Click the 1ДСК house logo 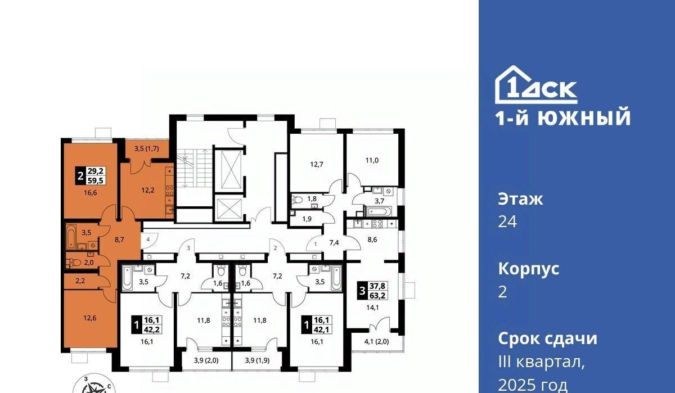pos(536,85)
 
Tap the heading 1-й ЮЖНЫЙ pos(563,117)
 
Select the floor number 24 pos(507,222)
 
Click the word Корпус pos(529,269)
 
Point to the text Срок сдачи pos(547,338)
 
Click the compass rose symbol pos(95,386)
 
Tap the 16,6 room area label pos(91,193)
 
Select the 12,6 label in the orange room pos(90,318)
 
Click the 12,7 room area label pos(317,164)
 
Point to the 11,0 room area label pos(372,160)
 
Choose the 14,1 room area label pos(372,308)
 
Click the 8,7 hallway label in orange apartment pos(119,240)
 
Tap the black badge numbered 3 pos(362,291)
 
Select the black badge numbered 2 pos(80,176)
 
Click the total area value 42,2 pos(153,329)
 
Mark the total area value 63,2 pos(377,295)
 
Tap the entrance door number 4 pos(148,240)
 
